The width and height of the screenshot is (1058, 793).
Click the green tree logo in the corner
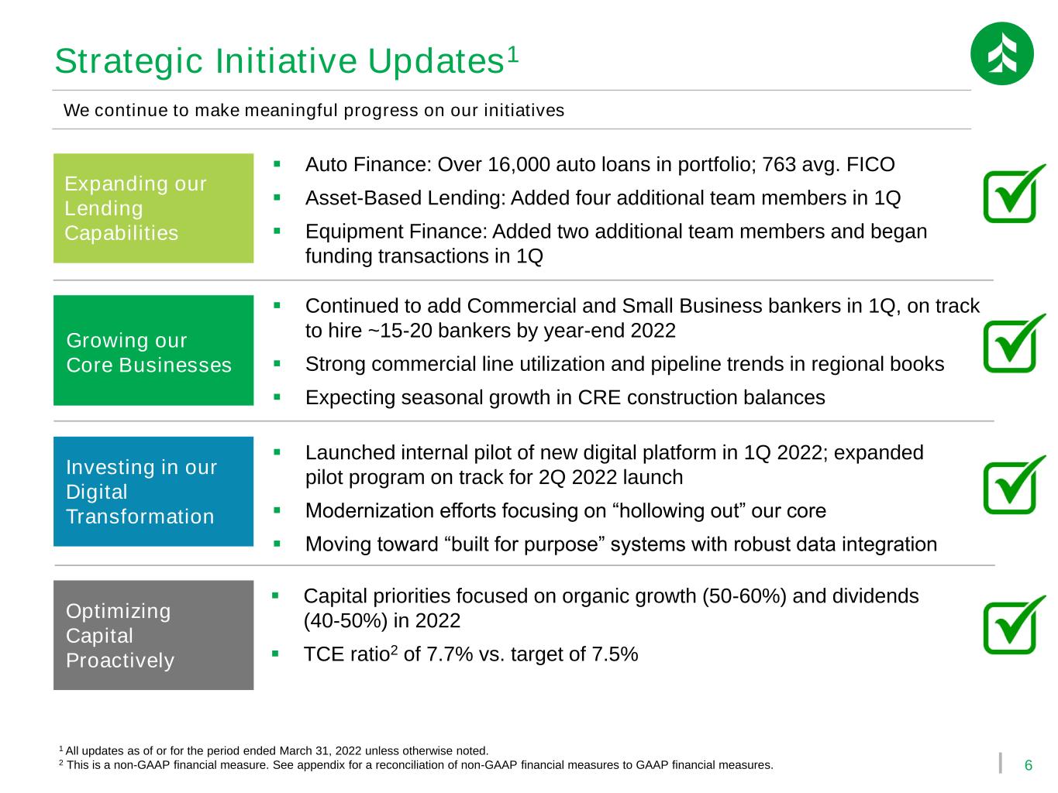pyautogui.click(x=1001, y=53)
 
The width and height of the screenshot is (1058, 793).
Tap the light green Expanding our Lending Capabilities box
pyautogui.click(x=153, y=208)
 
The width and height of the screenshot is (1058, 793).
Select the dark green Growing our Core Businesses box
pyautogui.click(x=153, y=350)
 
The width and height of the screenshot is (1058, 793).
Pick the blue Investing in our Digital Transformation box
pyautogui.click(x=153, y=491)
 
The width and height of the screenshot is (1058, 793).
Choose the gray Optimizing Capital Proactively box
pyautogui.click(x=153, y=634)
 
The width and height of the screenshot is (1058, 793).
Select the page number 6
pyautogui.click(x=1028, y=765)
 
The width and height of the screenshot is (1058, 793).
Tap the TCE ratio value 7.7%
pyautogui.click(x=450, y=654)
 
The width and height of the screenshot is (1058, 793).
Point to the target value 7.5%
pyautogui.click(x=615, y=654)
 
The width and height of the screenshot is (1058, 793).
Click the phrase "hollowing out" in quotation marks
pyautogui.click(x=679, y=511)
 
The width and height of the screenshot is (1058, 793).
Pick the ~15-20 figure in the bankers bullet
pyautogui.click(x=400, y=331)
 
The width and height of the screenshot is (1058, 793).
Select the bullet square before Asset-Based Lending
pyautogui.click(x=277, y=197)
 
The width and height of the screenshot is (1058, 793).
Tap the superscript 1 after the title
pyautogui.click(x=513, y=54)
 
